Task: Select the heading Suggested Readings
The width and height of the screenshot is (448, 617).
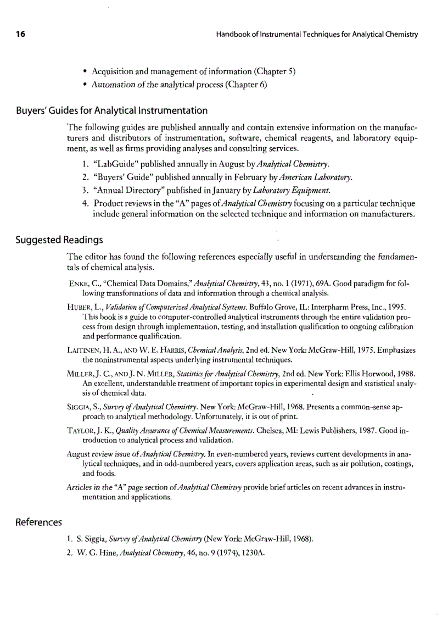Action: point(59,240)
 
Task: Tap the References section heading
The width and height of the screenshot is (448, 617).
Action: point(38,521)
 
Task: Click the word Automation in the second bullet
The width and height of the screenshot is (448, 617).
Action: point(114,85)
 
